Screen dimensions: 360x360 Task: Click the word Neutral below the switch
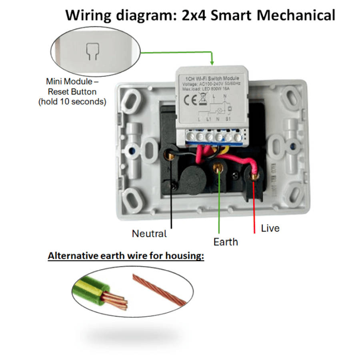coord(149,234)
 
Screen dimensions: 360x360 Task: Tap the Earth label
coord(226,242)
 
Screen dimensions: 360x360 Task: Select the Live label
coord(270,228)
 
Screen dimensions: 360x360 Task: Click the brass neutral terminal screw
coord(172,154)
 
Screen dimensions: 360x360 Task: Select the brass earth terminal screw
coord(218,168)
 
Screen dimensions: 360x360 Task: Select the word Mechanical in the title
coord(295,15)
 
